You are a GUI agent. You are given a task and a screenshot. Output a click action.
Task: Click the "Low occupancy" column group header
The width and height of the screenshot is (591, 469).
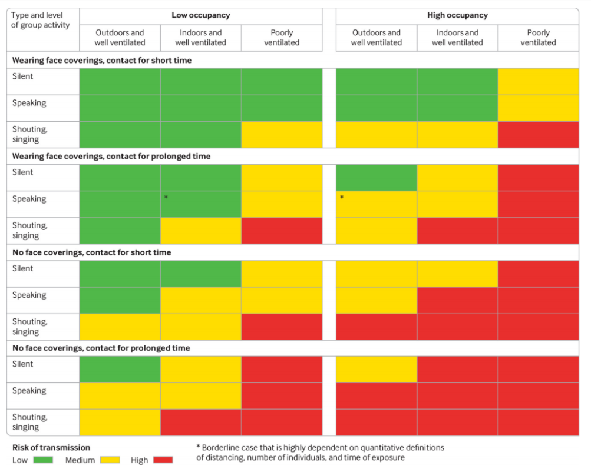click(x=200, y=15)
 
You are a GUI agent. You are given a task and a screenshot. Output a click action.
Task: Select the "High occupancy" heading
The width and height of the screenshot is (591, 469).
click(x=457, y=15)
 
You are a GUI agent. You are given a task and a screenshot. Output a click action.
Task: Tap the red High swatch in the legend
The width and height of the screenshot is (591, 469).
click(x=163, y=460)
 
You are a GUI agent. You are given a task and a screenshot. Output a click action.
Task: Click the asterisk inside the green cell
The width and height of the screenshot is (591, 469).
click(x=166, y=198)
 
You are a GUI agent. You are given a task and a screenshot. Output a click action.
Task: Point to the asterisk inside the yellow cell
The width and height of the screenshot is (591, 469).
click(x=342, y=198)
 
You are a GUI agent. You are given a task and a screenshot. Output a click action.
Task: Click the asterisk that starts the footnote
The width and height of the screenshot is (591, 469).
click(x=198, y=448)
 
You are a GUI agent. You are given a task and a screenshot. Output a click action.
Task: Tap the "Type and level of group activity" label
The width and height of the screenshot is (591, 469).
click(x=40, y=20)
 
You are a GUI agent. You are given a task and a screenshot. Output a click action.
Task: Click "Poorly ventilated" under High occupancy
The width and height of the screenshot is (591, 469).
click(x=538, y=38)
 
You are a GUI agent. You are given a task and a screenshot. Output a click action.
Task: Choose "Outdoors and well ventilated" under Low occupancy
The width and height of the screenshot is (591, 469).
click(x=120, y=38)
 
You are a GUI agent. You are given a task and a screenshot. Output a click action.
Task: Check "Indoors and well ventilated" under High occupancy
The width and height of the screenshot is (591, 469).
click(x=457, y=38)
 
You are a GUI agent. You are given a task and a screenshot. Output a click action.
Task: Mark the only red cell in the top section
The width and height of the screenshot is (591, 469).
click(x=538, y=135)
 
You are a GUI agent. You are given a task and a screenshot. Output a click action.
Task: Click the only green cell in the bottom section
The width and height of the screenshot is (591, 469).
click(x=120, y=370)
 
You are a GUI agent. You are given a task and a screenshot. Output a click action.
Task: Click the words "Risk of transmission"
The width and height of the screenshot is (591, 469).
click(x=51, y=448)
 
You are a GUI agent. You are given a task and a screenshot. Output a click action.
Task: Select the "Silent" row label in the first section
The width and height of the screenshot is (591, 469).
click(x=23, y=76)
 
